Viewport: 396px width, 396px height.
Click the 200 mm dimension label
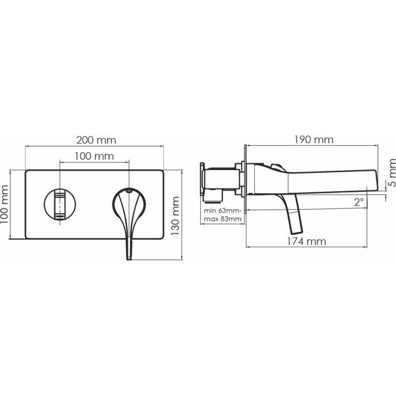[x=97, y=140]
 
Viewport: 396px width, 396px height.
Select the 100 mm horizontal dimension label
[x=94, y=156]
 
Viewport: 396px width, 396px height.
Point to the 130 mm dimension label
[x=175, y=216]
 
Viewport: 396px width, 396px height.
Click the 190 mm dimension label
[x=314, y=140]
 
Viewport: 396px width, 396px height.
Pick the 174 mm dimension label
[x=306, y=242]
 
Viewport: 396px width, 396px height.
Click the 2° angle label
[x=359, y=202]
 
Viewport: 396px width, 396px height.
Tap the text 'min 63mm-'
[x=223, y=211]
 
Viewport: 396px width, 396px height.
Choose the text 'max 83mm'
[x=223, y=219]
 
